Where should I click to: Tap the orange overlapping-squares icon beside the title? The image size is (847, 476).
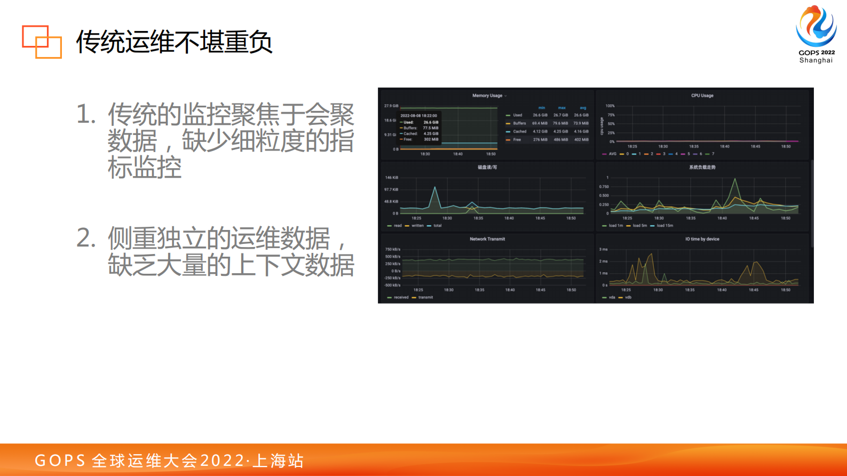42,42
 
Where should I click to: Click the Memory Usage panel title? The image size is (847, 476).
487,96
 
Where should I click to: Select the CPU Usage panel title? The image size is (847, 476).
702,96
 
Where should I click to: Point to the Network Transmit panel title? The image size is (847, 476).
487,239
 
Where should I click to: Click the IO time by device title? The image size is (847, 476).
702,239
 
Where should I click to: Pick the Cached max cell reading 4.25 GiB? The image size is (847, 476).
560,131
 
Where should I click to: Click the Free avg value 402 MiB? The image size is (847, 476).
581,140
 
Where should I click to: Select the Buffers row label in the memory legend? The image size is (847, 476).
519,123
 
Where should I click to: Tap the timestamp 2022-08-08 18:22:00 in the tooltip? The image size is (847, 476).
418,115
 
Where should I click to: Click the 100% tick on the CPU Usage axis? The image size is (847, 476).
610,106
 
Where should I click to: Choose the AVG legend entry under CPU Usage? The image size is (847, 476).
612,154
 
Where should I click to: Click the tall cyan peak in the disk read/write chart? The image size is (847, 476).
435,188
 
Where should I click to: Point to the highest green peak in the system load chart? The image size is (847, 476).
735,179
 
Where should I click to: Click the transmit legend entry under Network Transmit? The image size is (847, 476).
425,297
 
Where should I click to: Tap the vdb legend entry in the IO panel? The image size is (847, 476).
628,297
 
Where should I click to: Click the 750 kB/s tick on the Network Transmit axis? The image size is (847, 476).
393,249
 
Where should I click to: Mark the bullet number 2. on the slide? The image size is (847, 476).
86,238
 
